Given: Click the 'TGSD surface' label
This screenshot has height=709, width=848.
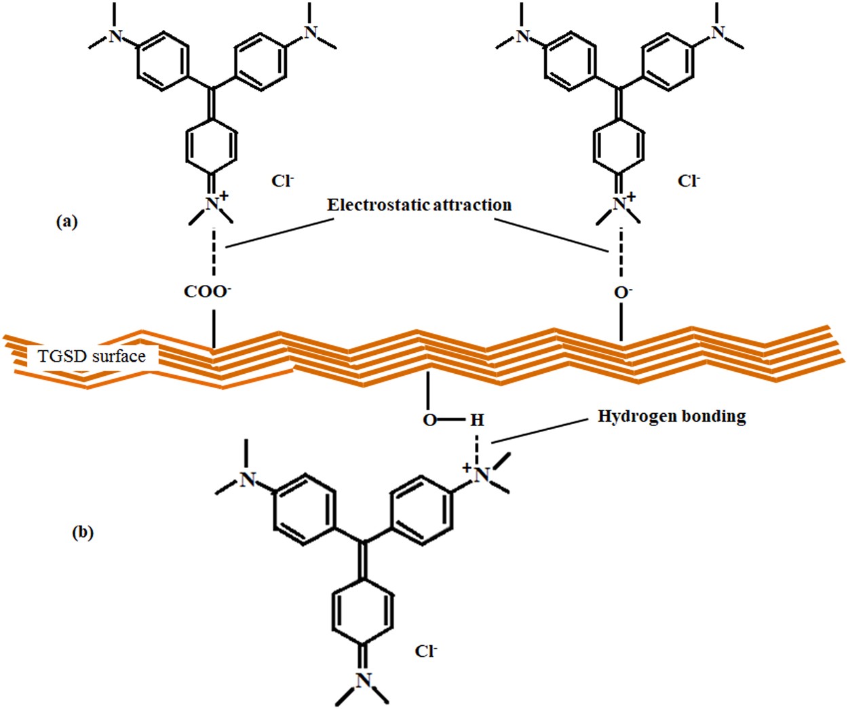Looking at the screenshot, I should click(92, 356).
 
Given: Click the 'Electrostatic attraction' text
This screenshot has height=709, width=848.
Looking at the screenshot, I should click(419, 205).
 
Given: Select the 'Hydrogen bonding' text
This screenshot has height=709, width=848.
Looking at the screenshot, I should click(672, 416).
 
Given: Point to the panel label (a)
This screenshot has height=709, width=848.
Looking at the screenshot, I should click(66, 221).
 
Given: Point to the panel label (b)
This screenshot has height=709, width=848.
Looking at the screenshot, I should click(83, 533).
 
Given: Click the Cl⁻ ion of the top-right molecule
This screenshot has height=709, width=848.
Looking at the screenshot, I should click(688, 181).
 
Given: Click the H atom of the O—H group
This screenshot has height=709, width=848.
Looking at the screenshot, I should click(477, 421).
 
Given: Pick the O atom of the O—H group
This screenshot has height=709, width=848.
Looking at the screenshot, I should click(429, 421).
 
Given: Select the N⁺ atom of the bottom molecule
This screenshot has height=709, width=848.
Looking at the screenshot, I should click(480, 474).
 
